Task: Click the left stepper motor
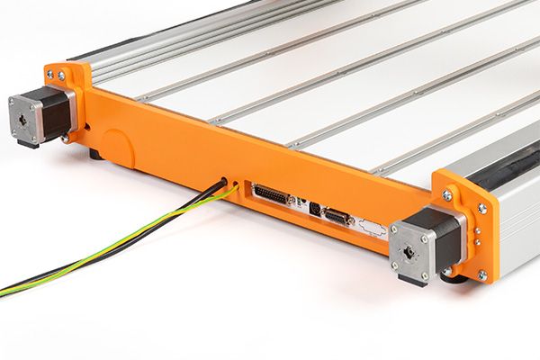pos(40,114)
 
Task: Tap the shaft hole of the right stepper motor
pos(409,251)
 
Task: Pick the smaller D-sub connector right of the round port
pos(338,216)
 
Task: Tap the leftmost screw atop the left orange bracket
pos(49,75)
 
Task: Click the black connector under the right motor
pos(412,281)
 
